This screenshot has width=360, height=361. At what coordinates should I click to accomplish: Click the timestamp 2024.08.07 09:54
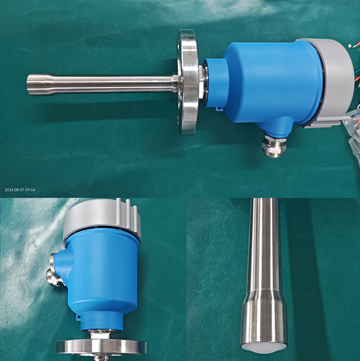click(20, 189)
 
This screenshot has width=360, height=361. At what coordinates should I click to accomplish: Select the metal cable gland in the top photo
click(273, 146)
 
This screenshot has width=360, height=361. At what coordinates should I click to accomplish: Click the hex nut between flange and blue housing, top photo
click(201, 83)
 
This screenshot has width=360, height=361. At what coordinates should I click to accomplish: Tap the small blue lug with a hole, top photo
click(218, 108)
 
